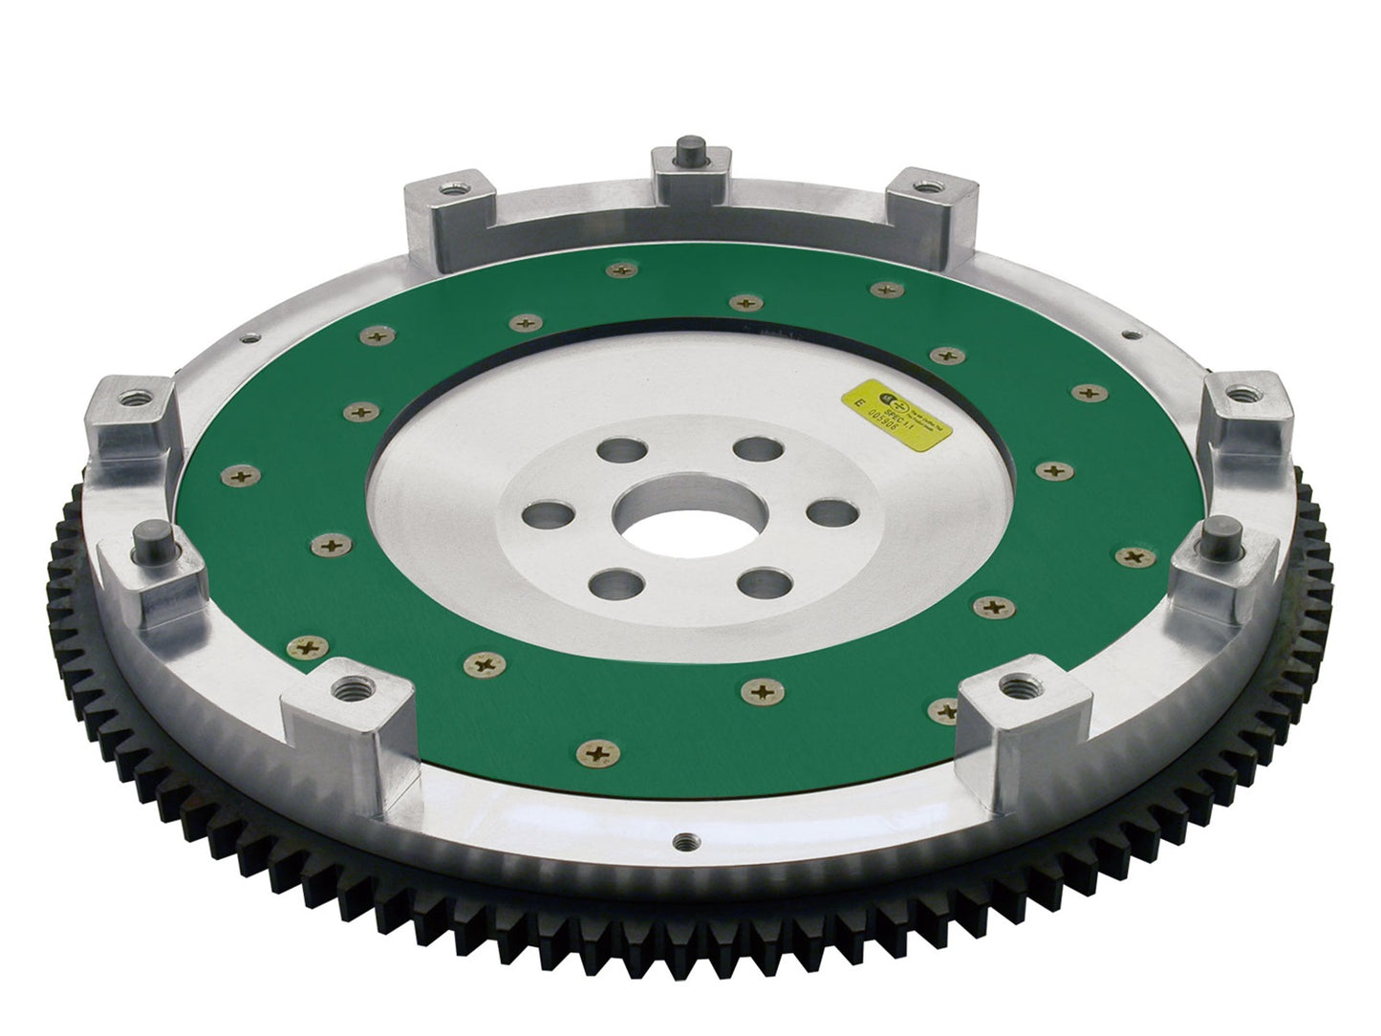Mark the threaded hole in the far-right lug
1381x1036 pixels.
(x=1242, y=392)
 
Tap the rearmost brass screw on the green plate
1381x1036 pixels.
(x=622, y=271)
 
